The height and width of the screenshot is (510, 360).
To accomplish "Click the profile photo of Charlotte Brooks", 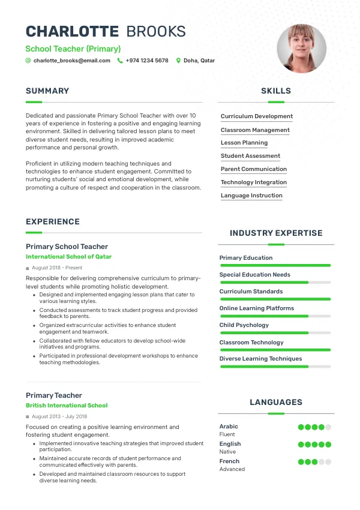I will pyautogui.click(x=301, y=49).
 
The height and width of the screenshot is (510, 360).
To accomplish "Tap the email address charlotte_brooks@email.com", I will pyautogui.click(x=71, y=61).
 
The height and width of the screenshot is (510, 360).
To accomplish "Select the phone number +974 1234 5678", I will pyautogui.click(x=146, y=61).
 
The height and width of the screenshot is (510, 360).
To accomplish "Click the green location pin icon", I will pyautogui.click(x=178, y=61).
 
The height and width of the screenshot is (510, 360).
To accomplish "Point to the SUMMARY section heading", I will pyautogui.click(x=47, y=91).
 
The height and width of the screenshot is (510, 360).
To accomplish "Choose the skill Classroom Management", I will pyautogui.click(x=255, y=130).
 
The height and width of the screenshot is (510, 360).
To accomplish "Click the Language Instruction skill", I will pyautogui.click(x=251, y=196).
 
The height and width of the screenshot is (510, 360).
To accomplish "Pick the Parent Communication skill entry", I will pyautogui.click(x=254, y=169).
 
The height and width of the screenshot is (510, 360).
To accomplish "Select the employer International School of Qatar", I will pyautogui.click(x=68, y=257).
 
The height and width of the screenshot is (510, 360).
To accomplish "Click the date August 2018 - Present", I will pyautogui.click(x=57, y=268).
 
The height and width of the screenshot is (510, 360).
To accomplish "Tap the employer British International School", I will pyautogui.click(x=67, y=406).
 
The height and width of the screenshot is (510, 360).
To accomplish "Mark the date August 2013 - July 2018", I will pyautogui.click(x=59, y=416).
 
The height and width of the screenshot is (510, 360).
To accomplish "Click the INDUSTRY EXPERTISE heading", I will pyautogui.click(x=276, y=233).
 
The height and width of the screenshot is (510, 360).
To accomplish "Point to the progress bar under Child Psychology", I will pyautogui.click(x=275, y=333).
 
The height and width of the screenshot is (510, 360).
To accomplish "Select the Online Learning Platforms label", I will pyautogui.click(x=257, y=308).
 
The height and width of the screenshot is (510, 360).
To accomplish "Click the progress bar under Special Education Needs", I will pyautogui.click(x=275, y=282).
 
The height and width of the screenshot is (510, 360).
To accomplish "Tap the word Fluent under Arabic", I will pyautogui.click(x=227, y=434).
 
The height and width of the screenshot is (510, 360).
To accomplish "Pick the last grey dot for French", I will pyautogui.click(x=328, y=462).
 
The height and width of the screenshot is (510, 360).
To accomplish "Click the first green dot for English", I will pyautogui.click(x=301, y=445).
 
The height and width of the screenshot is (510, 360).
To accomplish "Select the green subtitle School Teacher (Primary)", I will pyautogui.click(x=73, y=49).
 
